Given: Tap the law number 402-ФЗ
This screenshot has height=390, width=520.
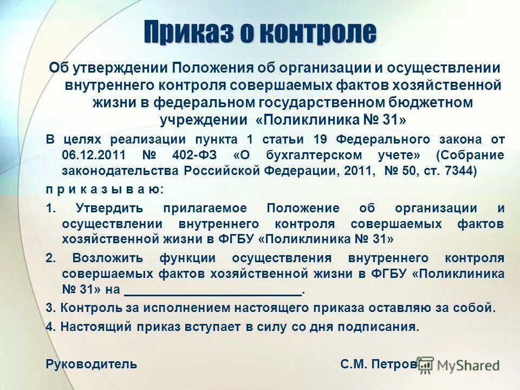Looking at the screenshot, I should [x=194, y=155].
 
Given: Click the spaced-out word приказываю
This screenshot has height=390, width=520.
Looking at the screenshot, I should [x=104, y=190].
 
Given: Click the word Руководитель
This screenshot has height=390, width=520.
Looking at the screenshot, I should [x=91, y=364].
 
